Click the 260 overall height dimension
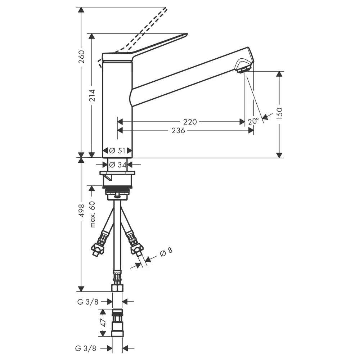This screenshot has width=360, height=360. click(x=81, y=57)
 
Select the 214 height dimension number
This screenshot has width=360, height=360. click(x=92, y=95)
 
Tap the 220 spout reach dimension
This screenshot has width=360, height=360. click(x=190, y=122)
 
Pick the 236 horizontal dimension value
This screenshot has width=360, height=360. click(x=178, y=130)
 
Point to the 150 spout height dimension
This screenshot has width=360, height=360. click(x=279, y=113)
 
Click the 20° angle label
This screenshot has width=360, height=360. click(x=253, y=121)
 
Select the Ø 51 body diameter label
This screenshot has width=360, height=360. click(x=117, y=150)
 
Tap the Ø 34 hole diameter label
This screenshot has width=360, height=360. click(x=118, y=165)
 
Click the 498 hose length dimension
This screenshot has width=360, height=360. click(x=82, y=211)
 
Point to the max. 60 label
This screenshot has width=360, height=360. click(x=92, y=214)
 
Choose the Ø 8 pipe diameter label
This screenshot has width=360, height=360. click(x=166, y=252)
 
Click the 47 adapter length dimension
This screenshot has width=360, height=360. click(x=104, y=323)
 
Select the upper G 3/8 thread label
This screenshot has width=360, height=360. click(x=88, y=302)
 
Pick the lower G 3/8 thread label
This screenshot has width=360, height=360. click(x=86, y=348)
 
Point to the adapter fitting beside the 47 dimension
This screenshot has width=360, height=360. click(x=117, y=323)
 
